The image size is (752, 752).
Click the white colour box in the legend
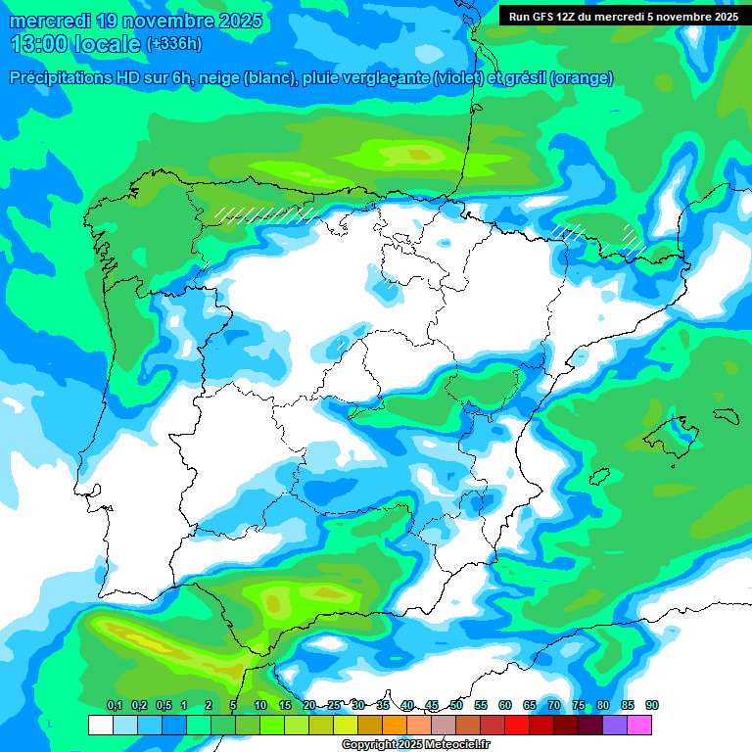[x=100, y=726]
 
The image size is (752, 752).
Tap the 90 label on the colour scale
[x=652, y=705]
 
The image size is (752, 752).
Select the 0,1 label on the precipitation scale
[x=115, y=705]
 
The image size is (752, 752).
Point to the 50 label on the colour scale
[x=456, y=705]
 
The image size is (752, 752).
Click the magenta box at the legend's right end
[x=639, y=726]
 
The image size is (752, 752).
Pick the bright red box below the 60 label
[x=517, y=726]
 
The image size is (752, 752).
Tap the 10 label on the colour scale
[x=260, y=705]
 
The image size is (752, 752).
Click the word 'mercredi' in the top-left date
[x=50, y=21]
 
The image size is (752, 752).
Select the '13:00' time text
[x=44, y=44]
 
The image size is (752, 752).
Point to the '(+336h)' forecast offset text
[x=173, y=43]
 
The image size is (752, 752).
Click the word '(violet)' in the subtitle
[x=457, y=78]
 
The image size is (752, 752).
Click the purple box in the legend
[x=615, y=726]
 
